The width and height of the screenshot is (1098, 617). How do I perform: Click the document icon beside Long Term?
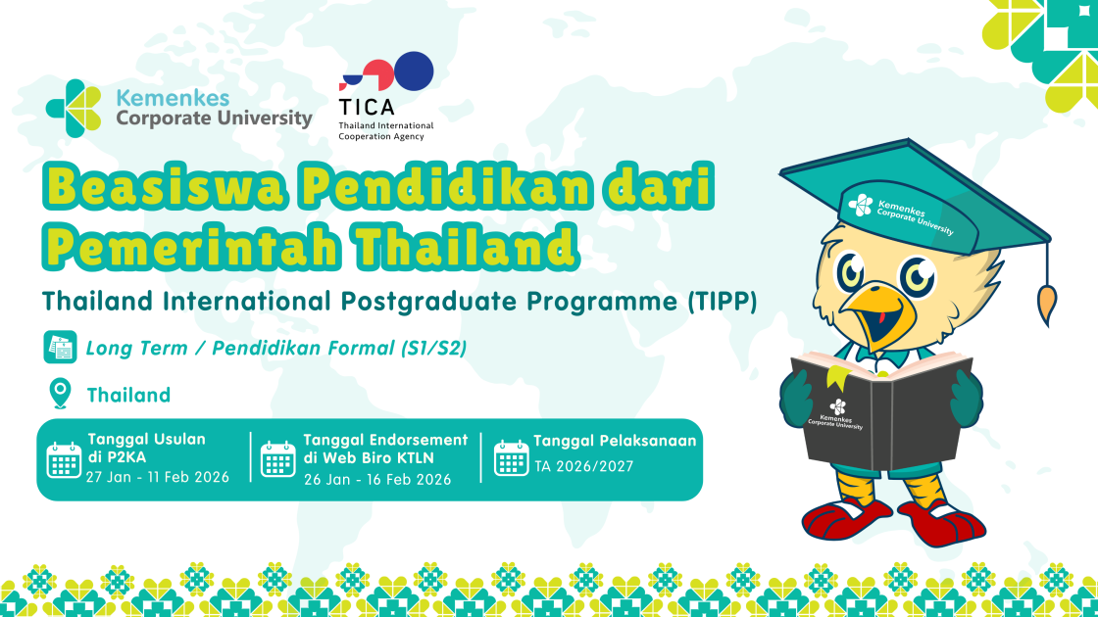(x=60, y=348)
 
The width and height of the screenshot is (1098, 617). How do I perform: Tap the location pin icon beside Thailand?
(x=60, y=394)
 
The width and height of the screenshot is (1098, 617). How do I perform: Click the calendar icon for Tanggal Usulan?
(x=65, y=458)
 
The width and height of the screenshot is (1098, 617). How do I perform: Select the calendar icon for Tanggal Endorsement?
(x=277, y=458)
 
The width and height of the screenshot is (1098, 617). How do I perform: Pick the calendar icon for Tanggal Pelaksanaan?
(x=511, y=457)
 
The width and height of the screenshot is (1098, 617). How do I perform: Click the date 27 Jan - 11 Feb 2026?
(x=157, y=477)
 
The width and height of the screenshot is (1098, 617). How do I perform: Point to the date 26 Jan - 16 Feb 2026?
(x=377, y=479)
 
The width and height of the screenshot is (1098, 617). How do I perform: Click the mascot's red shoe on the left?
(x=846, y=516)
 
